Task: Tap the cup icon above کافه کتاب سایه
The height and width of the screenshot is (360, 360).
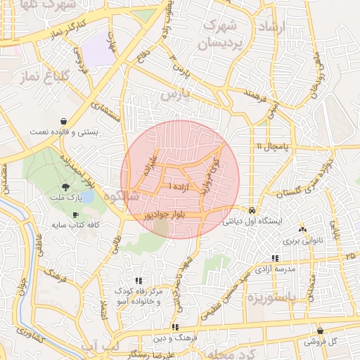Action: click(x=75, y=214)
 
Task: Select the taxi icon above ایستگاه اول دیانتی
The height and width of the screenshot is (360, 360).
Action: click(x=252, y=210)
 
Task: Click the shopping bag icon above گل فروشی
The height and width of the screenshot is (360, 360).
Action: click(x=321, y=330)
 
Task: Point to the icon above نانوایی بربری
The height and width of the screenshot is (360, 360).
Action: click(x=303, y=229)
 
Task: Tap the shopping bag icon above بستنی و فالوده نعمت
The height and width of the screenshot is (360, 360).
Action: click(x=65, y=121)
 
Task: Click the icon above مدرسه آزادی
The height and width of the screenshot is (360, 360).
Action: click(x=274, y=259)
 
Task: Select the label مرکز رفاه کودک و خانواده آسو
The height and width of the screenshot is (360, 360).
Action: click(x=139, y=296)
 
